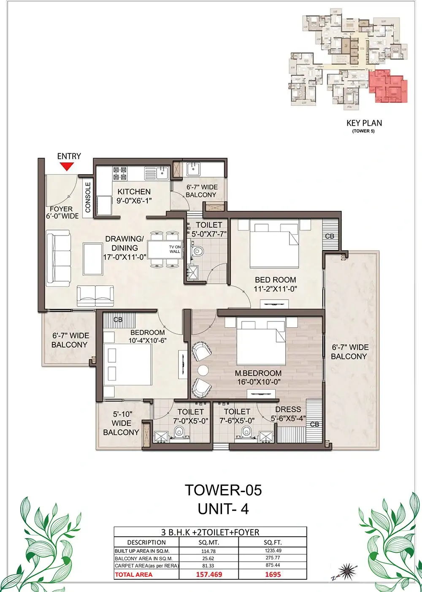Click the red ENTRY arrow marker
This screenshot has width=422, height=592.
click(66, 166)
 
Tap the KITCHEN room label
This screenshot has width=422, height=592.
click(134, 191)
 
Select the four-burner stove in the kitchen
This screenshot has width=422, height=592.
click(120, 173)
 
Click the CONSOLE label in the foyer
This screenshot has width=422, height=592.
click(88, 197)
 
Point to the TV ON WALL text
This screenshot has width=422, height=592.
click(175, 249)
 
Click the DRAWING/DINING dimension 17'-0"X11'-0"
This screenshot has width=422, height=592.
click(124, 257)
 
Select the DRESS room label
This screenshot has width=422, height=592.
click(288, 409)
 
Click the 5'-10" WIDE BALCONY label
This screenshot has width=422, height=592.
click(121, 423)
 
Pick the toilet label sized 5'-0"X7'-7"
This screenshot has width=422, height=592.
click(209, 229)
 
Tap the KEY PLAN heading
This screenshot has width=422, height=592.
click(364, 123)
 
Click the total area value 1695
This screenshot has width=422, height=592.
click(273, 574)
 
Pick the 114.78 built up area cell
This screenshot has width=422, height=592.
click(208, 551)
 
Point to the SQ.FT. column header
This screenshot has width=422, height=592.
click(273, 543)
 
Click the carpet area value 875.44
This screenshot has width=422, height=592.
click(273, 565)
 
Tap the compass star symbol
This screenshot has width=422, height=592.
click(346, 570)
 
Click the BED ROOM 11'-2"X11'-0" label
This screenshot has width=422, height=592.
click(276, 284)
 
